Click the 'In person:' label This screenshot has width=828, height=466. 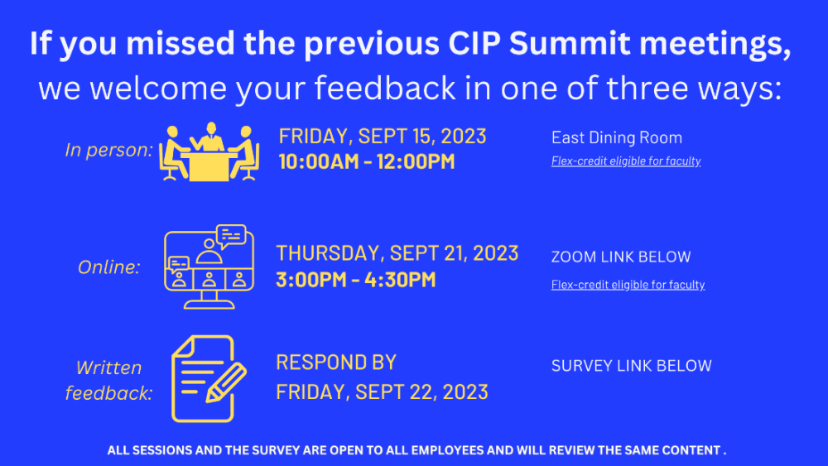[108, 151]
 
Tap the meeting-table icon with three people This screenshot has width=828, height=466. [209, 152]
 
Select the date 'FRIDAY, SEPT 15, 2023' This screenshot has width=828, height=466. [383, 137]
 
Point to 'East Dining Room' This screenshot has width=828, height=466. [617, 137]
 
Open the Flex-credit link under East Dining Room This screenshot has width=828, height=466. [626, 161]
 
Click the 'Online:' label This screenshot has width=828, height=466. [108, 267]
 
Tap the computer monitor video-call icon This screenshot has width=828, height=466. [209, 267]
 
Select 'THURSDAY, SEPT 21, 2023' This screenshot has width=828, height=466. [397, 253]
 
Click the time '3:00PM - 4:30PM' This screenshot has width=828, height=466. [356, 280]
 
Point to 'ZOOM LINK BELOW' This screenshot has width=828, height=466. [621, 257]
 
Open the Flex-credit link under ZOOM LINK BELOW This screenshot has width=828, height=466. [628, 285]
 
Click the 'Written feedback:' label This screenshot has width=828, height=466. [108, 380]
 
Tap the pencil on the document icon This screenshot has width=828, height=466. [226, 383]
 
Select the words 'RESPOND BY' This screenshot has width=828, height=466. [336, 363]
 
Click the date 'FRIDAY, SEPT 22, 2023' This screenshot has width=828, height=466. [382, 392]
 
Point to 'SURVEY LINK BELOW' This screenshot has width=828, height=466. [632, 366]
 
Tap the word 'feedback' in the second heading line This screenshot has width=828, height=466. [385, 88]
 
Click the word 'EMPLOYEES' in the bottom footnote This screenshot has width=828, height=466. [447, 451]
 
